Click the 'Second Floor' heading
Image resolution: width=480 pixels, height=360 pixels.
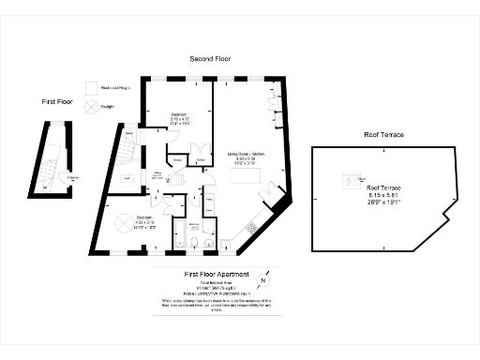(x=210, y=59)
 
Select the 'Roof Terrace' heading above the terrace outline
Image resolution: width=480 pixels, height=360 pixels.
(x=383, y=135)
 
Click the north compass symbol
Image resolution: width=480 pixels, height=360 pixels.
(x=263, y=279)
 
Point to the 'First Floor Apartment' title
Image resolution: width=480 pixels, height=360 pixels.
(x=217, y=274)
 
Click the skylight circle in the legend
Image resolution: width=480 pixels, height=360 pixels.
(x=91, y=107)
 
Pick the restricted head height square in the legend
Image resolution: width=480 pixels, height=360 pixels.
(x=91, y=88)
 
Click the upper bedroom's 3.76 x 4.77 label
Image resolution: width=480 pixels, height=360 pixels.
(x=179, y=119)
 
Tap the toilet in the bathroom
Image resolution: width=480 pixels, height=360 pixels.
(x=193, y=241)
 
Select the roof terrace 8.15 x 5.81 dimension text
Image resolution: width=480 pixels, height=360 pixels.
(x=383, y=193)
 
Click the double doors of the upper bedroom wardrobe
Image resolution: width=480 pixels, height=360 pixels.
(x=197, y=150)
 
